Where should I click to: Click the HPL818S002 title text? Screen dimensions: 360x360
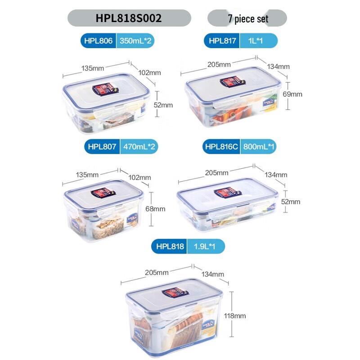tap(129, 18)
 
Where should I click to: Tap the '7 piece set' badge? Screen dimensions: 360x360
tap(247, 18)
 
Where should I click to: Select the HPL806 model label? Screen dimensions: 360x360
tap(99, 41)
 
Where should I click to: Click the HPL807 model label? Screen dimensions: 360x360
tap(102, 147)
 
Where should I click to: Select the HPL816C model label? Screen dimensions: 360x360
tap(221, 147)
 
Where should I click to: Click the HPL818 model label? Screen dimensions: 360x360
tap(170, 247)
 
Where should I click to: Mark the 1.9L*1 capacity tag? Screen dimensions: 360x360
tap(205, 247)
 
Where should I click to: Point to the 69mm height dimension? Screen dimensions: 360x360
tap(293, 94)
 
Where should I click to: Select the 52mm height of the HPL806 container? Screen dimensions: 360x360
tap(163, 105)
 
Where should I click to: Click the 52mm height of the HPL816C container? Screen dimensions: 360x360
tap(291, 202)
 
